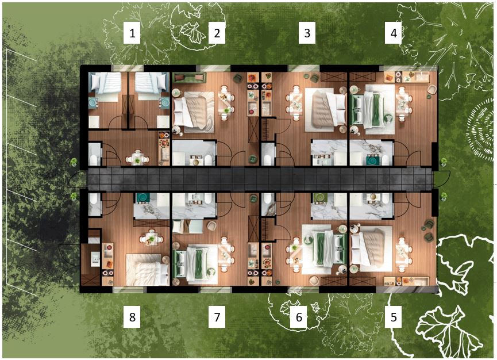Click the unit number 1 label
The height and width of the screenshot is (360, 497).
(132, 33)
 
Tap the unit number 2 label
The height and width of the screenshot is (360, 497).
(217, 33)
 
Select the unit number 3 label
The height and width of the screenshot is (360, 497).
(307, 33)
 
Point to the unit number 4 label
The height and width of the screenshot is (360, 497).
(394, 33)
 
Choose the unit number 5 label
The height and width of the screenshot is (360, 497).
(394, 316)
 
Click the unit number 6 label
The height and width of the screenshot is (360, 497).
(299, 316)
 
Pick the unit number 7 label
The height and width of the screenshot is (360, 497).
(217, 316)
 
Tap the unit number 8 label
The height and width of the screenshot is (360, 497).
(132, 316)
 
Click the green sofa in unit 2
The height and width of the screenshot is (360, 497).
(189, 77)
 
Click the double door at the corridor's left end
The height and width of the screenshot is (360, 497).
(77, 179)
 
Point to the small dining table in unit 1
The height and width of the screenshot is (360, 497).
(137, 158)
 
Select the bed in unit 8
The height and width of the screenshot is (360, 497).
(148, 270)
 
